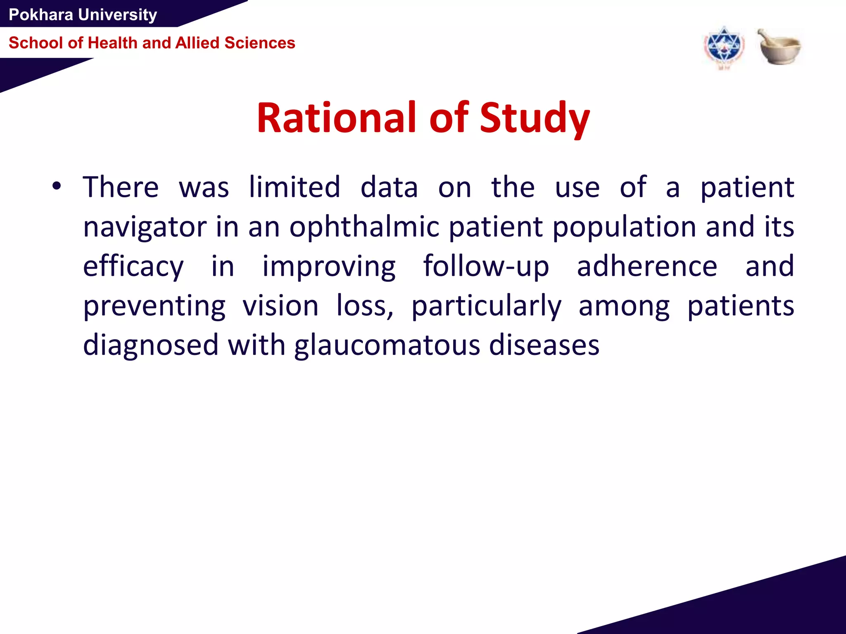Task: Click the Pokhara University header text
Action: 83,15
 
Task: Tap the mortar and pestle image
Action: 779,47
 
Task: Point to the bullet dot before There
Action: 57,187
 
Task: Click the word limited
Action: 295,187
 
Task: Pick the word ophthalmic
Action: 364,227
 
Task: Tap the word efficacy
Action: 133,267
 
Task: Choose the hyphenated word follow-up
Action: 486,267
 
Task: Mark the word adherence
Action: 647,267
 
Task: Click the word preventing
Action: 154,306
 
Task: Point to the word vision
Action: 280,306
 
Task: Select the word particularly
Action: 486,306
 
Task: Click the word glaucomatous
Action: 387,345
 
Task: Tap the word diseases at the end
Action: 544,345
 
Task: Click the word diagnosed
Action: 150,345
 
